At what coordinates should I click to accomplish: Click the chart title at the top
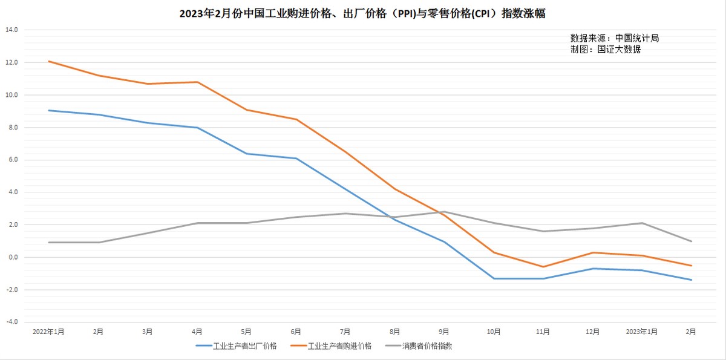362,13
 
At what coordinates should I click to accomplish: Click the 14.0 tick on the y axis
11,30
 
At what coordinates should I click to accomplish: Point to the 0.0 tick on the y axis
13,257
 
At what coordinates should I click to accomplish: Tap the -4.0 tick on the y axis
11,322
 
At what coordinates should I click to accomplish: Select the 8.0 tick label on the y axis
13,128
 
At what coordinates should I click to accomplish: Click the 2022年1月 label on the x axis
48,332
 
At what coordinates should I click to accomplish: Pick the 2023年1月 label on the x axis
641,332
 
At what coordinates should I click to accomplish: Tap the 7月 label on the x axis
345,332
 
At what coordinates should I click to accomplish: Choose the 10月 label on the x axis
494,332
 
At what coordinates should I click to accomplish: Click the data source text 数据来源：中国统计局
614,38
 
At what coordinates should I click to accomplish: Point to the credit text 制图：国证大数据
605,50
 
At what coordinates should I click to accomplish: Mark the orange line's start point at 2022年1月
49,61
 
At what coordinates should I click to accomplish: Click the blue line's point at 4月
197,128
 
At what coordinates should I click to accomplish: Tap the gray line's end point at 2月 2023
692,241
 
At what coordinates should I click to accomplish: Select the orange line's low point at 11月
543,267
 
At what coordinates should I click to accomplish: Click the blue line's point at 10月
494,278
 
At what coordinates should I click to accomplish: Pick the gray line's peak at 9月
444,212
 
